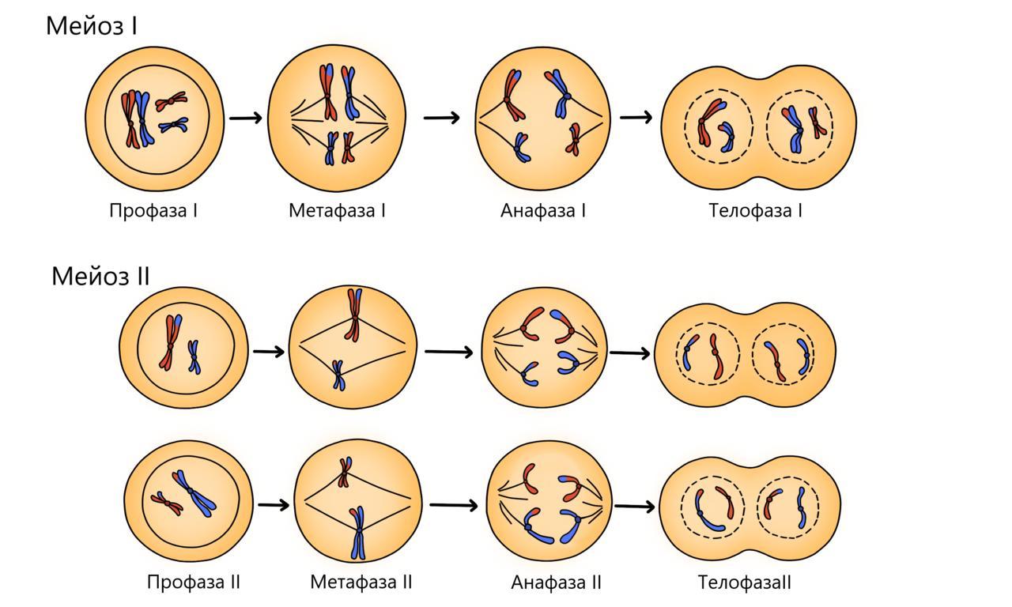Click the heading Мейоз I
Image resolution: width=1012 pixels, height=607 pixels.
92,25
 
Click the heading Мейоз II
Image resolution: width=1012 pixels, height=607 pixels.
100,276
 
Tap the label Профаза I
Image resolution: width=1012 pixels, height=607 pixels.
153,211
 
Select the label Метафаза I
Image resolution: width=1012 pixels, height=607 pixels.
337,211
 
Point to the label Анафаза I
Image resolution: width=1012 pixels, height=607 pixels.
543,211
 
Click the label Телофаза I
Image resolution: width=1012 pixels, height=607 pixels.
756,211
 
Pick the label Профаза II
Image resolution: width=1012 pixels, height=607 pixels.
194,582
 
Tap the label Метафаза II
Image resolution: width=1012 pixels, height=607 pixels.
361,582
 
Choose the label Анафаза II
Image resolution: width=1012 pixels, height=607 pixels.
557,582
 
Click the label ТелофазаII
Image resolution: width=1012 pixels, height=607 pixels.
745,582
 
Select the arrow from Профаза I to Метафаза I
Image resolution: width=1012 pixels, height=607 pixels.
246,118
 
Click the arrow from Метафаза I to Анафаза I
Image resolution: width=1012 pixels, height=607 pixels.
441,118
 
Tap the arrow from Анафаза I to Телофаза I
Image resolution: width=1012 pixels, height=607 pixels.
636,118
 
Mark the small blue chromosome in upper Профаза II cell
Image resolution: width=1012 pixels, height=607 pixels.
194,356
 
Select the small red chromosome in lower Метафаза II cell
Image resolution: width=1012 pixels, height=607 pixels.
345,472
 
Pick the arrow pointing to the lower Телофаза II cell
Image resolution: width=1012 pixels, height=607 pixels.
635,506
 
